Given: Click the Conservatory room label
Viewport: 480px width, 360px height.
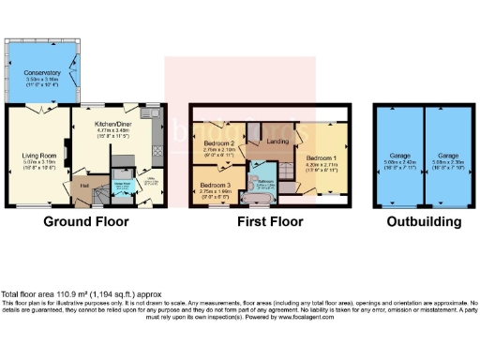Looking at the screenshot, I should click(42, 72).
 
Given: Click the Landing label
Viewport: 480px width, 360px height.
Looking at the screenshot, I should click(278, 142).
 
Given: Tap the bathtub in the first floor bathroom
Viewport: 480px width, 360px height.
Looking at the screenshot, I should click(262, 200).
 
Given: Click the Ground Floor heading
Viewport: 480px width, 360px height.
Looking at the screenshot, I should click(85, 223).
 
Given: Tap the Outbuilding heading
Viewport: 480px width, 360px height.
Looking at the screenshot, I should click(425, 223).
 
